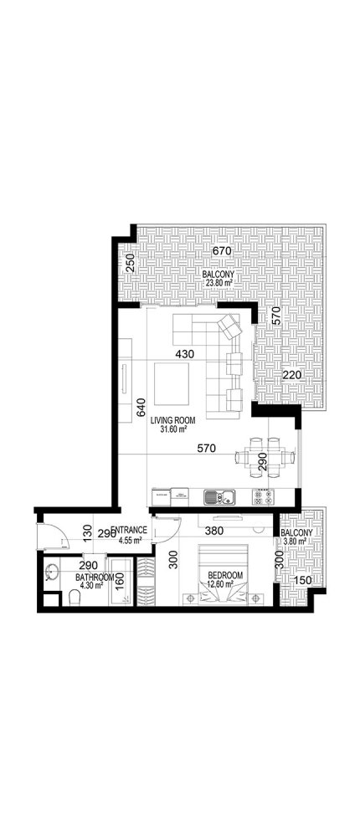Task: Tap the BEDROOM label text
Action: [x=225, y=575]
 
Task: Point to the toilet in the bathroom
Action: [x=75, y=597]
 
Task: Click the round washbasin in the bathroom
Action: [x=53, y=573]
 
